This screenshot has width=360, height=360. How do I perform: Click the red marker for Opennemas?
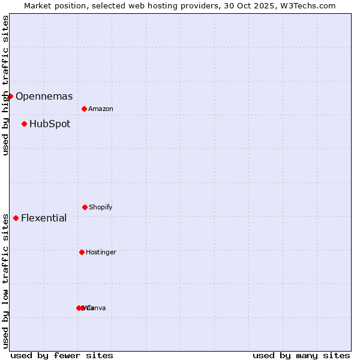(x=10, y=96)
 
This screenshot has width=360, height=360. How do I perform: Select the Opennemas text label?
(x=44, y=96)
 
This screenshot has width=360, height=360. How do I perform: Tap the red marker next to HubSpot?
(x=24, y=124)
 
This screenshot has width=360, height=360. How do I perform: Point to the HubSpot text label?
(x=50, y=124)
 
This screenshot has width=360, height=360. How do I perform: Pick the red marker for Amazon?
(x=84, y=109)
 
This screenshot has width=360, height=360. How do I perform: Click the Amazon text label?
(x=101, y=109)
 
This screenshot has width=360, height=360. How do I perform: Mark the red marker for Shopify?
(x=85, y=207)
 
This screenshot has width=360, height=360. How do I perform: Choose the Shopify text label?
(x=101, y=207)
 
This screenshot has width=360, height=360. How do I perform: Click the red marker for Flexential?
(x=16, y=218)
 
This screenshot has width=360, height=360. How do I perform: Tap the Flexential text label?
(x=44, y=218)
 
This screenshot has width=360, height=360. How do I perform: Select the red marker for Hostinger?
(x=82, y=252)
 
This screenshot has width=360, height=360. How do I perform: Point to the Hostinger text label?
(x=101, y=252)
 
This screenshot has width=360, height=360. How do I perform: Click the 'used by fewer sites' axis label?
(x=62, y=355)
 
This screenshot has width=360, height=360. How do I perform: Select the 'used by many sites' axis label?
(x=301, y=355)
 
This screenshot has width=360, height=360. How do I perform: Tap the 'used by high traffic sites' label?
(x=5, y=85)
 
